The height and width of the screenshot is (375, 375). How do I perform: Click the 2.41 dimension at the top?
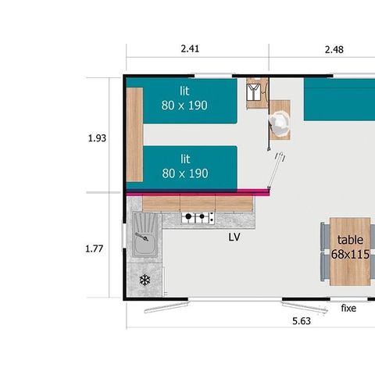tap(190, 48)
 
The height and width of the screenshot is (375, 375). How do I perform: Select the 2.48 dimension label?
tap(334, 48)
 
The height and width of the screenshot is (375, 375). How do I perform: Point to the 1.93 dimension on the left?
tap(97, 138)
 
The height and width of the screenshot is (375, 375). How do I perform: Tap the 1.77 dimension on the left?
tap(95, 249)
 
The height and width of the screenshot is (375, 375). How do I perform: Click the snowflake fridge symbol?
tap(145, 280)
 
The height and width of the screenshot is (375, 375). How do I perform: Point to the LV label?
tap(234, 237)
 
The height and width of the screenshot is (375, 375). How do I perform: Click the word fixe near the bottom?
tap(348, 308)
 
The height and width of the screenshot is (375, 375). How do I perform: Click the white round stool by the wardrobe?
tap(279, 122)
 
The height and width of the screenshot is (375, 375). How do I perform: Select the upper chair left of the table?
tap(324, 236)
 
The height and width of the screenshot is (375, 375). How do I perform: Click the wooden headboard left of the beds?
tap(135, 134)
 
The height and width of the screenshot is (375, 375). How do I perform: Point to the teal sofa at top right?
tap(339, 100)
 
